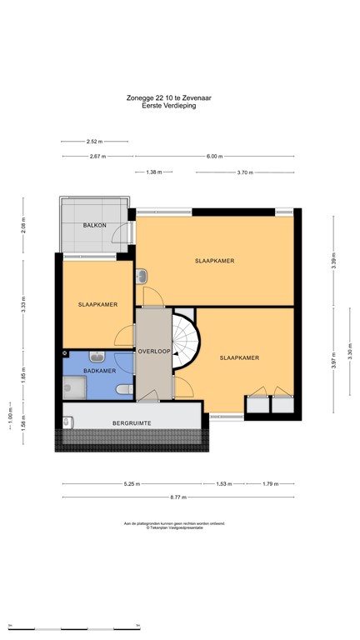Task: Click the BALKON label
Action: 92,226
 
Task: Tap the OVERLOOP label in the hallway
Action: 154,351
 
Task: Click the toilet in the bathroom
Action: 124,389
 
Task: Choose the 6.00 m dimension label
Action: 214,156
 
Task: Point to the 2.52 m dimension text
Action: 96,141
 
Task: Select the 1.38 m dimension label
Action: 153,172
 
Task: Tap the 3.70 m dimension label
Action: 244,172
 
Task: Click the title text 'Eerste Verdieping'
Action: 169,106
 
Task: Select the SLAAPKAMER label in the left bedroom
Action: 97,304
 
